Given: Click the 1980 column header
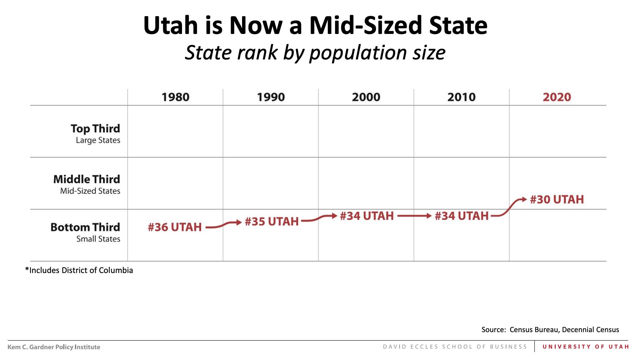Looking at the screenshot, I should [175, 97].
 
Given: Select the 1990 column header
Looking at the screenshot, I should [271, 97].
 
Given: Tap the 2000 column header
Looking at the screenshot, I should [366, 97].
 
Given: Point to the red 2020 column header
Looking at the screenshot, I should [557, 97].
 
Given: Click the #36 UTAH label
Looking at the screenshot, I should [175, 227].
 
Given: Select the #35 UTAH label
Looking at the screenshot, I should [271, 222].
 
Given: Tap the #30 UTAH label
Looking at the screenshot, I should [557, 199].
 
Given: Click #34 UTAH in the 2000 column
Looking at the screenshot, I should [366, 216].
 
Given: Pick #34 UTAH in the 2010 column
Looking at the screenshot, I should [461, 216].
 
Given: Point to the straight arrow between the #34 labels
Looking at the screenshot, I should [414, 216].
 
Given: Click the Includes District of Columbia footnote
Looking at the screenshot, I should [79, 270].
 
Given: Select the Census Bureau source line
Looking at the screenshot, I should [550, 329].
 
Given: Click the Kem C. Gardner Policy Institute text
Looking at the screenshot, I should [54, 347].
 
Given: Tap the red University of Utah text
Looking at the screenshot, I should [586, 347].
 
